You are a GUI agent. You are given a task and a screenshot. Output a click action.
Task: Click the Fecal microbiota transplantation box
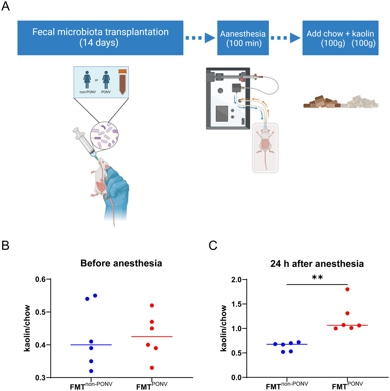click(100, 38)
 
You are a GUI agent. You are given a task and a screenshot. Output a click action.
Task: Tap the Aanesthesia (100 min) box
click(243, 38)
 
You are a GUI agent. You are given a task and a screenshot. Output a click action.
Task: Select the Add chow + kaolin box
click(340, 38)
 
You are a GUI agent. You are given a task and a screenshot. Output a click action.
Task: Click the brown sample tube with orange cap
click(122, 82)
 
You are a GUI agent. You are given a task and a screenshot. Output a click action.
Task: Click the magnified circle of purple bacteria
click(104, 135)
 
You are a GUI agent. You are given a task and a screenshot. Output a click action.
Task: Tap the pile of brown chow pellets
click(322, 102)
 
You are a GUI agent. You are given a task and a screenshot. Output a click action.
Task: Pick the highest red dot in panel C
click(347, 289)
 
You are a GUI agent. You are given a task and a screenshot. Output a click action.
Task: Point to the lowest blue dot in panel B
click(91, 371)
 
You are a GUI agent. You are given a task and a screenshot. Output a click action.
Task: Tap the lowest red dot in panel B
click(152, 368)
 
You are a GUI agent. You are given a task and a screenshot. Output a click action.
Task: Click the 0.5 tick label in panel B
click(40, 312)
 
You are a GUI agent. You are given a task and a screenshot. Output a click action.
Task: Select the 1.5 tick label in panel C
click(236, 304)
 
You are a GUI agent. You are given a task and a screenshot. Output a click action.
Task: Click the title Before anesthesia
click(121, 263)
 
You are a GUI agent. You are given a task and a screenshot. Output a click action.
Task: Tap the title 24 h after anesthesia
click(317, 264)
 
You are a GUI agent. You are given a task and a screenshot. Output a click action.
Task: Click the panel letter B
click(5, 246)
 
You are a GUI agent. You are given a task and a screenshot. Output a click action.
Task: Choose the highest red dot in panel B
click(152, 305)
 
